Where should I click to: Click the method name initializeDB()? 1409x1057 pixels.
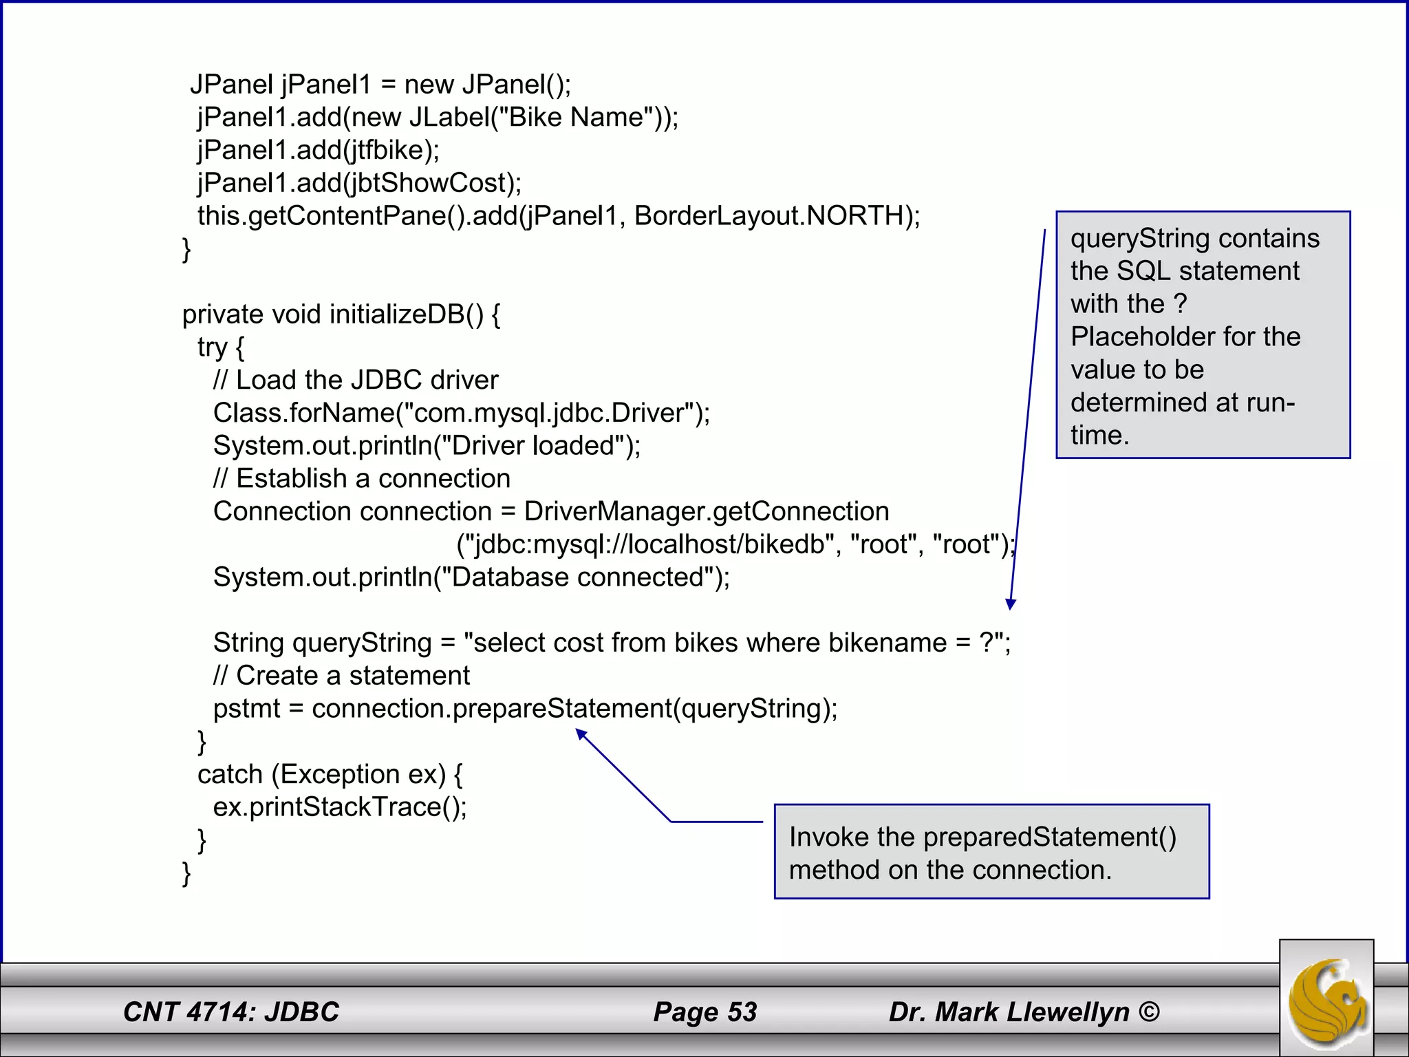click(x=406, y=314)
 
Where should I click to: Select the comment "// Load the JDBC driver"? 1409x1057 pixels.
click(x=356, y=380)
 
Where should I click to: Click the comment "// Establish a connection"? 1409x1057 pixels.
click(x=362, y=479)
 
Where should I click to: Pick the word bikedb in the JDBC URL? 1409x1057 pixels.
click(x=784, y=544)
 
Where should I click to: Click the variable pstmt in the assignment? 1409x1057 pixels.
click(x=246, y=709)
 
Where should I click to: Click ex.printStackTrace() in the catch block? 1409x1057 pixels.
click(x=340, y=807)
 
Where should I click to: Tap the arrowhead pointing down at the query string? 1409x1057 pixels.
click(x=1011, y=604)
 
